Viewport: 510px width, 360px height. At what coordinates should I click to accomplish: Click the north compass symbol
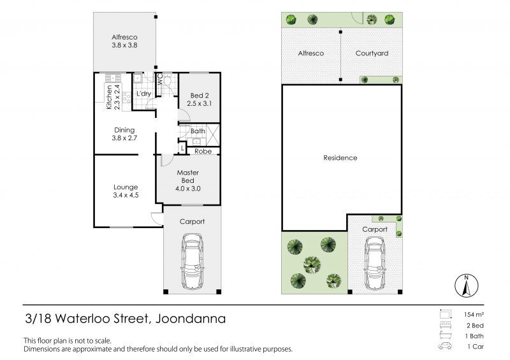[467, 285]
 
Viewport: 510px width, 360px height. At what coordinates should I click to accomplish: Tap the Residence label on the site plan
[340, 158]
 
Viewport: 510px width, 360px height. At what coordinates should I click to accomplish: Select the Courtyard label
[372, 53]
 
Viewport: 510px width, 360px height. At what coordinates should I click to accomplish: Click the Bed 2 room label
[200, 96]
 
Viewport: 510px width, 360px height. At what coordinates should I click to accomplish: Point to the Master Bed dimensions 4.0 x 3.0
[187, 189]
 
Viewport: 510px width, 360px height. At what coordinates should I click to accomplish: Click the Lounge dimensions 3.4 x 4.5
[126, 195]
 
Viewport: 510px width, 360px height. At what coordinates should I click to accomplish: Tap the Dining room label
[124, 130]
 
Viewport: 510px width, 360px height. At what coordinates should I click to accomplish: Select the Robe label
[203, 151]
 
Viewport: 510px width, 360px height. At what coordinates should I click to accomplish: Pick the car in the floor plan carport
[193, 262]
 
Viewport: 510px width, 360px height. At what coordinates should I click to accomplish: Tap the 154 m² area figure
[474, 315]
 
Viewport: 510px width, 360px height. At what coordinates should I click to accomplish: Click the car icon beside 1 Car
[445, 346]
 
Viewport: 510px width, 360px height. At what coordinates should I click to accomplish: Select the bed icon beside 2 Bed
[445, 325]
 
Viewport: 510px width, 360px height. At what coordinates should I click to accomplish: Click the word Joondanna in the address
[191, 319]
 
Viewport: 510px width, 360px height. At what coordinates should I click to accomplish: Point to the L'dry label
[143, 94]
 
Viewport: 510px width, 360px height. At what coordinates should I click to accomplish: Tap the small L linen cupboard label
[182, 148]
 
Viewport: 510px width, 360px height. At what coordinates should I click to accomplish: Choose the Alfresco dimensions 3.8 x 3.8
[124, 45]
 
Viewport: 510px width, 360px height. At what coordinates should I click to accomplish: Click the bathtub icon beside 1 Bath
[445, 335]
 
